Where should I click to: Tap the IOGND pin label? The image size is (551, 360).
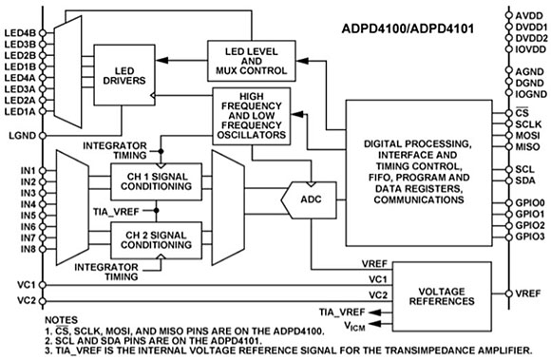click(529, 95)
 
